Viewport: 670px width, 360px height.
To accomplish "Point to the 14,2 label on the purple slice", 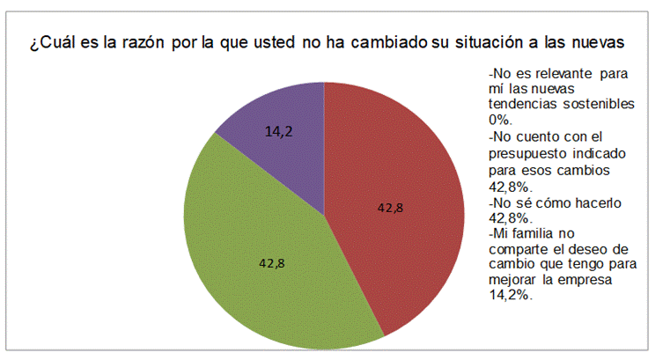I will [279, 131].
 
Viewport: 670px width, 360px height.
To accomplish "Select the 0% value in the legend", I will [499, 119].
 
